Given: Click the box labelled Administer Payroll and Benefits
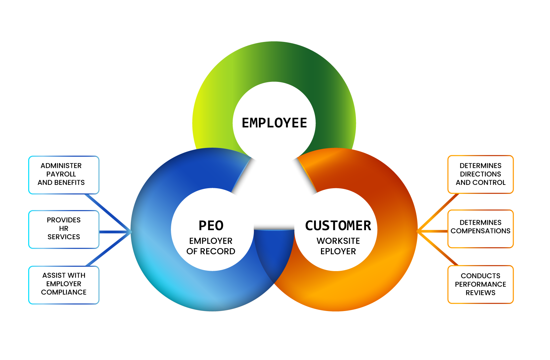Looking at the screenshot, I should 64,175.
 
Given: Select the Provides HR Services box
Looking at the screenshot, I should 64,229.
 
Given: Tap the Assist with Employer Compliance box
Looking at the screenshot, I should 64,285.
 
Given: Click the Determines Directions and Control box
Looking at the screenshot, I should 480,174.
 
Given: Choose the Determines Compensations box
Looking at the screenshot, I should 480,228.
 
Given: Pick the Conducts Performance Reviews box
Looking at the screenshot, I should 480,285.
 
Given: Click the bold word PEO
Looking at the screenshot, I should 211,226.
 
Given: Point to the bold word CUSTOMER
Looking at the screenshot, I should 338,226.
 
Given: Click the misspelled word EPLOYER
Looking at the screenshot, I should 338,251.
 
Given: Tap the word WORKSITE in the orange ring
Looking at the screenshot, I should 338,241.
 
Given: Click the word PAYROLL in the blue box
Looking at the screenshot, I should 61,174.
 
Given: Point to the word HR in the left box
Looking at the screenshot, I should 64,228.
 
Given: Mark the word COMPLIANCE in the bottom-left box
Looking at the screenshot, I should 64,292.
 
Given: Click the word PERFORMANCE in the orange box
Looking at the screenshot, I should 480,284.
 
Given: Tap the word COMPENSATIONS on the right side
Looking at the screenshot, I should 480,231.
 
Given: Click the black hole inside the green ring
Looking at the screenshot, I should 274,123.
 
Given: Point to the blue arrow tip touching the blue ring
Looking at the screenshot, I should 130,232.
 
